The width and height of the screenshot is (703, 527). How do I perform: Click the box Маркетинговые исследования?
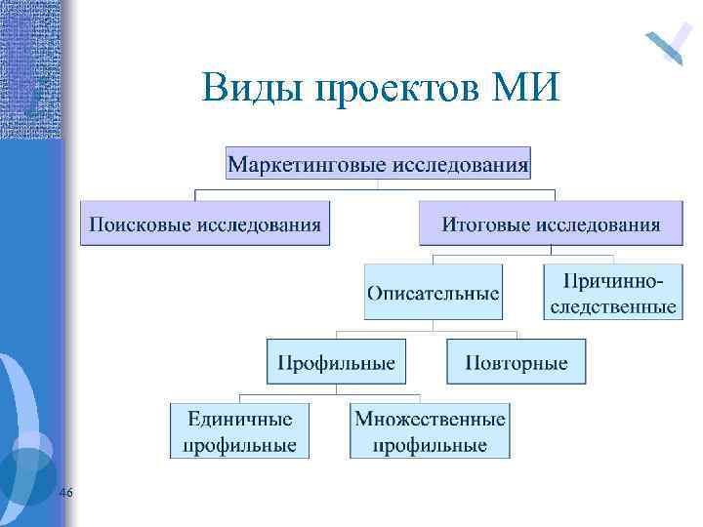coord(378,163)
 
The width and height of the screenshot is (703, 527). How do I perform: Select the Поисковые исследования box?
coord(205,223)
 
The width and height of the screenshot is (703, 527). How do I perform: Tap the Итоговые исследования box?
coord(551,223)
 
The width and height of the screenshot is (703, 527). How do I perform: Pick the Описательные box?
coord(434,292)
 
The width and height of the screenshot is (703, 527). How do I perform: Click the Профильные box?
coord(336,362)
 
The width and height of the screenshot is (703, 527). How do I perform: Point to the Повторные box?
coord(516,362)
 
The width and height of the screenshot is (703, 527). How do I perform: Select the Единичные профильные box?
coord(239,431)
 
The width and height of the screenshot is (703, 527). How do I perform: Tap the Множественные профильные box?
coord(430,431)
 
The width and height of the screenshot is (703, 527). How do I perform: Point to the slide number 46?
coord(66,494)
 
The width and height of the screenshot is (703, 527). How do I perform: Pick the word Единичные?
coord(239,420)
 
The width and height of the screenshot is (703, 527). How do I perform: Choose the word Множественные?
coord(430,420)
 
